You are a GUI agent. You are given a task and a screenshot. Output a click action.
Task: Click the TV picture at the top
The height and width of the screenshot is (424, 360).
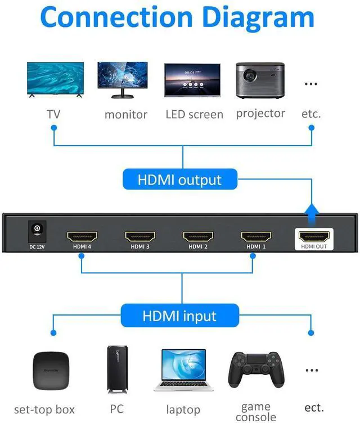(56, 80)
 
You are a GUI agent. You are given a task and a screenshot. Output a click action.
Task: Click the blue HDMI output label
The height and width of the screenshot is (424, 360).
(179, 181)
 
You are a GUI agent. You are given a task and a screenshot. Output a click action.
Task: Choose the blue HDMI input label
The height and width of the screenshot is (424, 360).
(179, 315)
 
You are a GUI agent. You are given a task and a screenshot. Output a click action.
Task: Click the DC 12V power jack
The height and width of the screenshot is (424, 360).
(37, 229)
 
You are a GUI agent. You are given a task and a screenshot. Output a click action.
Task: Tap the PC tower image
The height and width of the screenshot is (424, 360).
(115, 369)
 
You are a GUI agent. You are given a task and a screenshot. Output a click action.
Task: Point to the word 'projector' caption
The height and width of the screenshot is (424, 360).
(260, 113)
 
